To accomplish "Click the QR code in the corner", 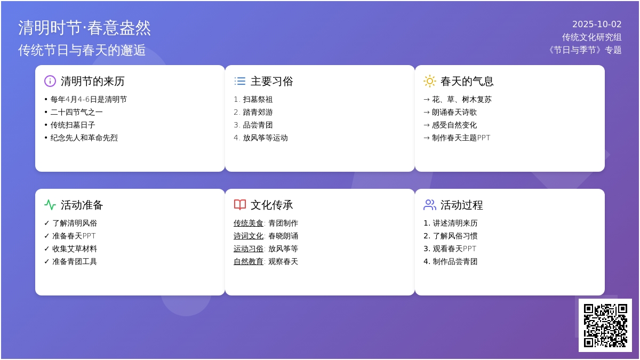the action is pyautogui.click(x=605, y=325).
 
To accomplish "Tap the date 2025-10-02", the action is pyautogui.click(x=597, y=25).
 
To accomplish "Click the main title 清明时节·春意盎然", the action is pyautogui.click(x=85, y=28).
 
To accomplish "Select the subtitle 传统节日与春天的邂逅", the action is pyautogui.click(x=82, y=50).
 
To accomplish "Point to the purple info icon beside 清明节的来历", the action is pyautogui.click(x=50, y=81).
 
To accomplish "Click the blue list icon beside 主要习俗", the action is pyautogui.click(x=240, y=81).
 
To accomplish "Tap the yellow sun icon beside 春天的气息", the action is pyautogui.click(x=430, y=81).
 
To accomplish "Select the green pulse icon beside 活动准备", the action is pyautogui.click(x=50, y=205).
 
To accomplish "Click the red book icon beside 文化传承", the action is pyautogui.click(x=240, y=205).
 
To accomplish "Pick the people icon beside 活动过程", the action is pyautogui.click(x=430, y=205).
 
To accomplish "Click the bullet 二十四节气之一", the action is pyautogui.click(x=77, y=113).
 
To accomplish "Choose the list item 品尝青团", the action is pyautogui.click(x=258, y=125).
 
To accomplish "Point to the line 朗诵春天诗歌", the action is pyautogui.click(x=454, y=113).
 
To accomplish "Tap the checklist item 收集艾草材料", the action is pyautogui.click(x=75, y=249).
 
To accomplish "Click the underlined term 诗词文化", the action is pyautogui.click(x=249, y=236).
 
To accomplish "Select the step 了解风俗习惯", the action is pyautogui.click(x=455, y=236).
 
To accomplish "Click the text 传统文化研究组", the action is pyautogui.click(x=591, y=37).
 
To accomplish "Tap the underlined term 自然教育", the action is pyautogui.click(x=249, y=262).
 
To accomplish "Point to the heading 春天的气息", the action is pyautogui.click(x=467, y=81).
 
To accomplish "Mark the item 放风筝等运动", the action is pyautogui.click(x=265, y=138).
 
